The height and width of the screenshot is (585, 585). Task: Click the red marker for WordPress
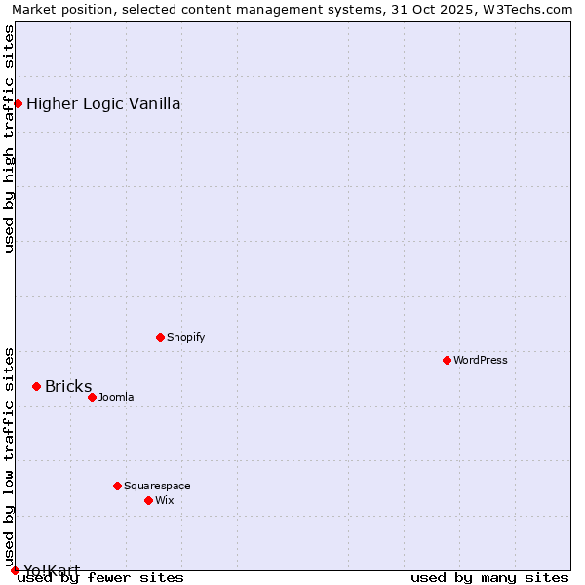[x=447, y=360]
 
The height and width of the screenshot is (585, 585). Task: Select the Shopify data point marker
[x=160, y=337]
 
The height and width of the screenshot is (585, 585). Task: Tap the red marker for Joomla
[x=92, y=397]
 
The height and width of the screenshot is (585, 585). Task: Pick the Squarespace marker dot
[x=117, y=486]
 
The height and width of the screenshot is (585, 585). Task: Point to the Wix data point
[x=148, y=500]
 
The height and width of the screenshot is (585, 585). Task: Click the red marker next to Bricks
[x=36, y=386]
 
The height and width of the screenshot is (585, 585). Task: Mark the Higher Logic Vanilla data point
[x=18, y=103]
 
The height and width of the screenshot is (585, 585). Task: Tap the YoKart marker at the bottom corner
[x=15, y=570]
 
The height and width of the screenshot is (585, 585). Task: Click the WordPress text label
[x=481, y=360]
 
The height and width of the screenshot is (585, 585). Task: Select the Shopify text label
[x=185, y=337]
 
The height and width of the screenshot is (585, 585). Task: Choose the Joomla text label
[x=116, y=397]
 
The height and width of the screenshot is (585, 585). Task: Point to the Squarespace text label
[x=157, y=486]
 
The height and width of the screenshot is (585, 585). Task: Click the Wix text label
[x=164, y=500]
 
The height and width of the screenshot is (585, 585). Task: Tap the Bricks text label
[x=68, y=386]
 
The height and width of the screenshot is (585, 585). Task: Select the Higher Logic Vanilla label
[x=103, y=103]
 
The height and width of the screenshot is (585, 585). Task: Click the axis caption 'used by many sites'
[x=489, y=577]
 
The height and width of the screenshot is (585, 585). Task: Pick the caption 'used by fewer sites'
[x=101, y=577]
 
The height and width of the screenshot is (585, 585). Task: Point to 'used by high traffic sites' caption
[x=10, y=138]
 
